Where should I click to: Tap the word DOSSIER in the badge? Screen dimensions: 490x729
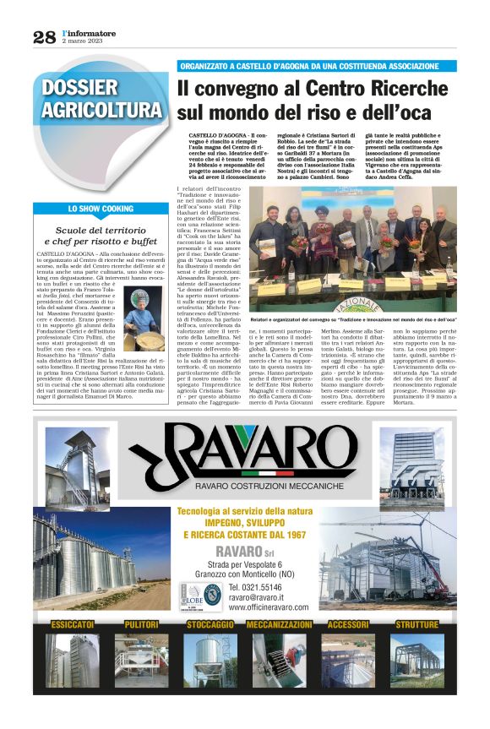tap(80, 88)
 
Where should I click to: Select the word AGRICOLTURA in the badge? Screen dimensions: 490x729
tap(101, 110)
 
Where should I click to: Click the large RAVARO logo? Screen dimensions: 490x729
tap(244, 460)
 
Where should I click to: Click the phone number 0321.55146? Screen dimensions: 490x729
tap(269, 586)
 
